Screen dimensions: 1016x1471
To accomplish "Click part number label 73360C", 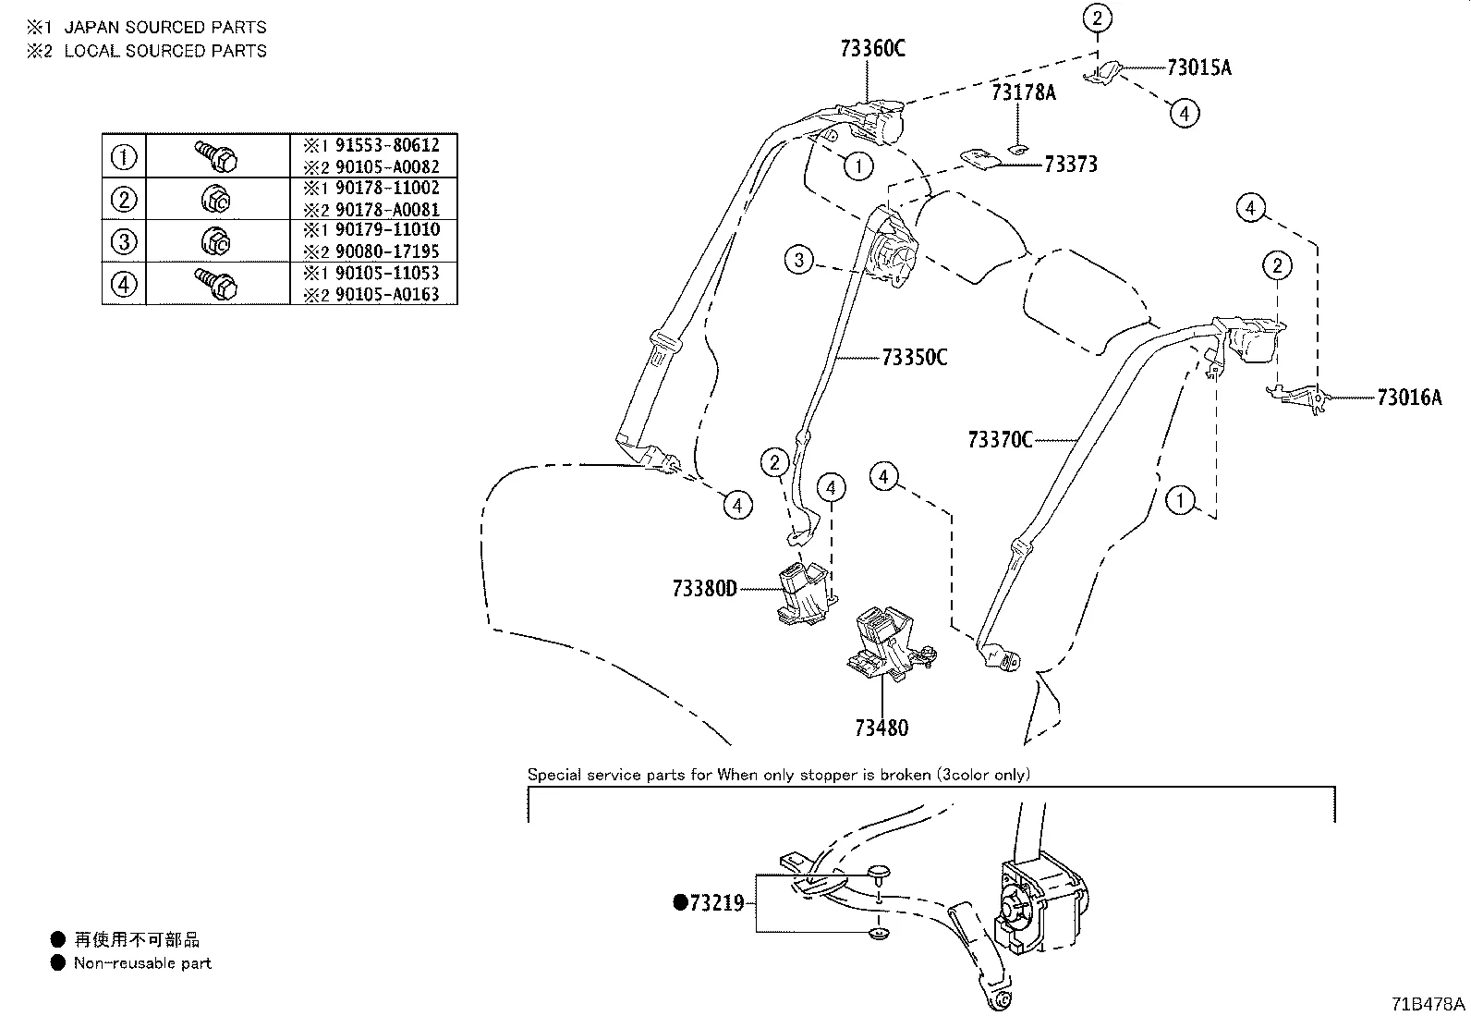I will pos(872,48).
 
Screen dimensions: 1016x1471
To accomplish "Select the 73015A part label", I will pos(1198,67).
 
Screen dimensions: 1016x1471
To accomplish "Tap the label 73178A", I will pos(1023,92).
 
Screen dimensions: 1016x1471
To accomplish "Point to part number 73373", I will pos(1070,164).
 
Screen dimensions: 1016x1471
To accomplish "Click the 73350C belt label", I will pos(914,357).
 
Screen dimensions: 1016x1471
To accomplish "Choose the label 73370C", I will pos(1000,440).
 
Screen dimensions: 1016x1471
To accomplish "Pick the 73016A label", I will pos(1408,398).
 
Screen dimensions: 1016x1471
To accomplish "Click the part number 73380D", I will pos(704,588).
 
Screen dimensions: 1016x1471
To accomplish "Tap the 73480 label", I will pos(881,728).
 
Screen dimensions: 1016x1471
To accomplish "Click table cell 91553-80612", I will pos(386,145).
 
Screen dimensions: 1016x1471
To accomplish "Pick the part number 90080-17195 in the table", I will pos(386,251).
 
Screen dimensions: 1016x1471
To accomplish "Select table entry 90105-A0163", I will pos(386,295).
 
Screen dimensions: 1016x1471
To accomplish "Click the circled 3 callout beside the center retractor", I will pos(800,260).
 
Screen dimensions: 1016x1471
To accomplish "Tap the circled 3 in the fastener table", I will pos(124,241).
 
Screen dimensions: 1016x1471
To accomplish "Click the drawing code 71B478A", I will pos(1428,1004).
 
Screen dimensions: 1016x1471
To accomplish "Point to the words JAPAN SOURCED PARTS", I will pos(164,28).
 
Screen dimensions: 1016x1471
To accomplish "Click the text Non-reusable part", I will pos(142,963).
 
